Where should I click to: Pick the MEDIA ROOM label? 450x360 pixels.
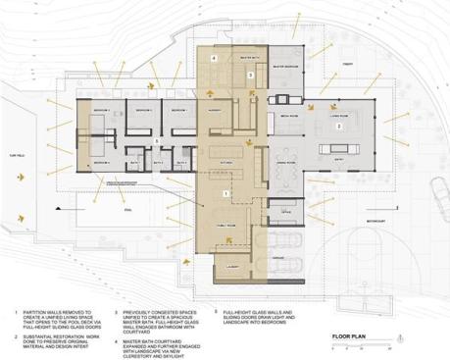(289, 114)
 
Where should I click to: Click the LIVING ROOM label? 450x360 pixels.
(343, 114)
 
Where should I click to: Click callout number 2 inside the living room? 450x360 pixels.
(339, 127)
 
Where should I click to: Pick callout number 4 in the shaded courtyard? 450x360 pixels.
(215, 58)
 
